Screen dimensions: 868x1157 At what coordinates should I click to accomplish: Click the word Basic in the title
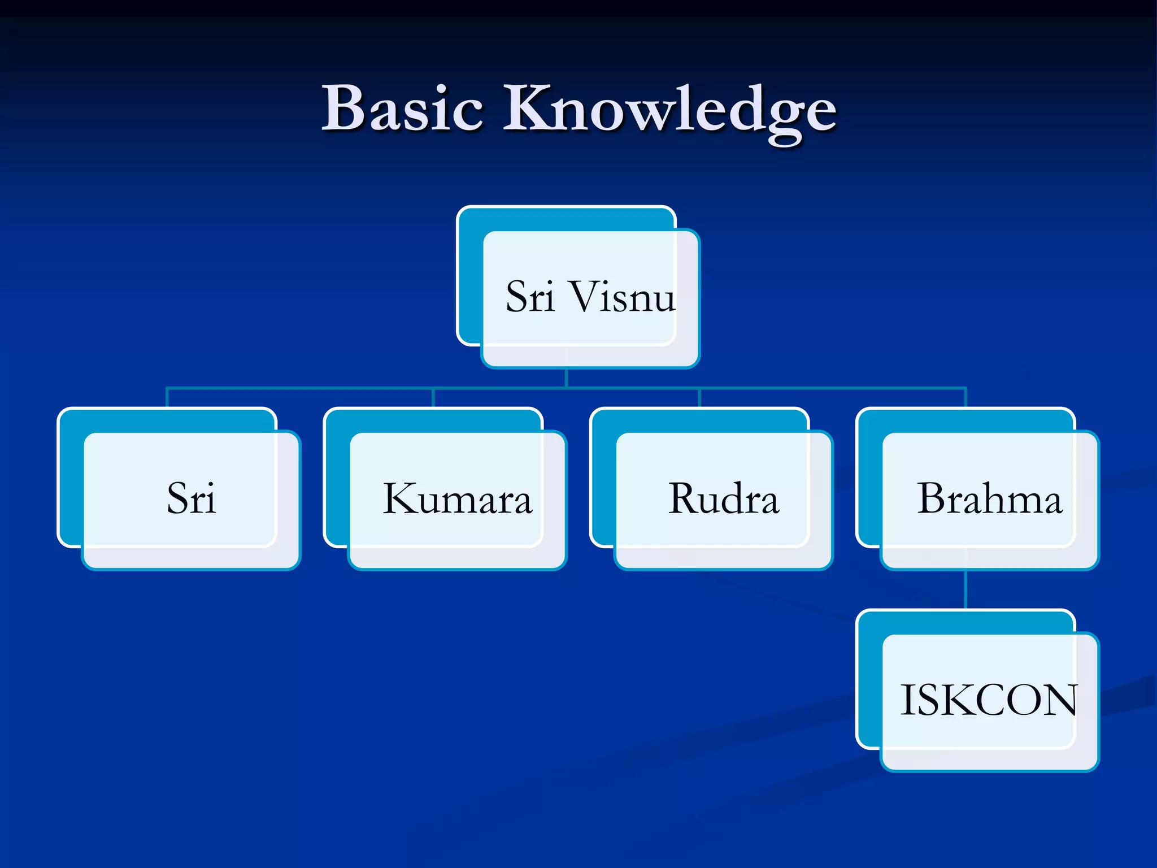click(402, 108)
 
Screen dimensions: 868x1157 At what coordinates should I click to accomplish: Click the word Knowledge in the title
click(669, 110)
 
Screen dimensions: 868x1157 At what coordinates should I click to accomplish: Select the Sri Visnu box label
click(590, 297)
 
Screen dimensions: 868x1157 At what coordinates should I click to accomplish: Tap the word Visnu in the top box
click(623, 297)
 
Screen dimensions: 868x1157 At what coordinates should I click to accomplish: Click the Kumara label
click(458, 499)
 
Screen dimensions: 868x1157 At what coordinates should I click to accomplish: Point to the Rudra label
click(724, 499)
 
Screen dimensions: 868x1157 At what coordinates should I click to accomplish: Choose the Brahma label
click(989, 499)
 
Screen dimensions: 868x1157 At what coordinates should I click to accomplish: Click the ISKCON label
click(989, 701)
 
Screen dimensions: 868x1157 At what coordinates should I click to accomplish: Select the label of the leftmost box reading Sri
click(191, 499)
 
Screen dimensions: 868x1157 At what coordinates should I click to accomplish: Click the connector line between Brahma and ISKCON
click(966, 589)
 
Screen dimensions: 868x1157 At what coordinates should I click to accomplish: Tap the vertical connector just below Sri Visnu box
click(566, 377)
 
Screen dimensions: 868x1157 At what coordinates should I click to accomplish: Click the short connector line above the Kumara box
click(433, 397)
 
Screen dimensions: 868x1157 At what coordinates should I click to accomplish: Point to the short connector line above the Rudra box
click(699, 397)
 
